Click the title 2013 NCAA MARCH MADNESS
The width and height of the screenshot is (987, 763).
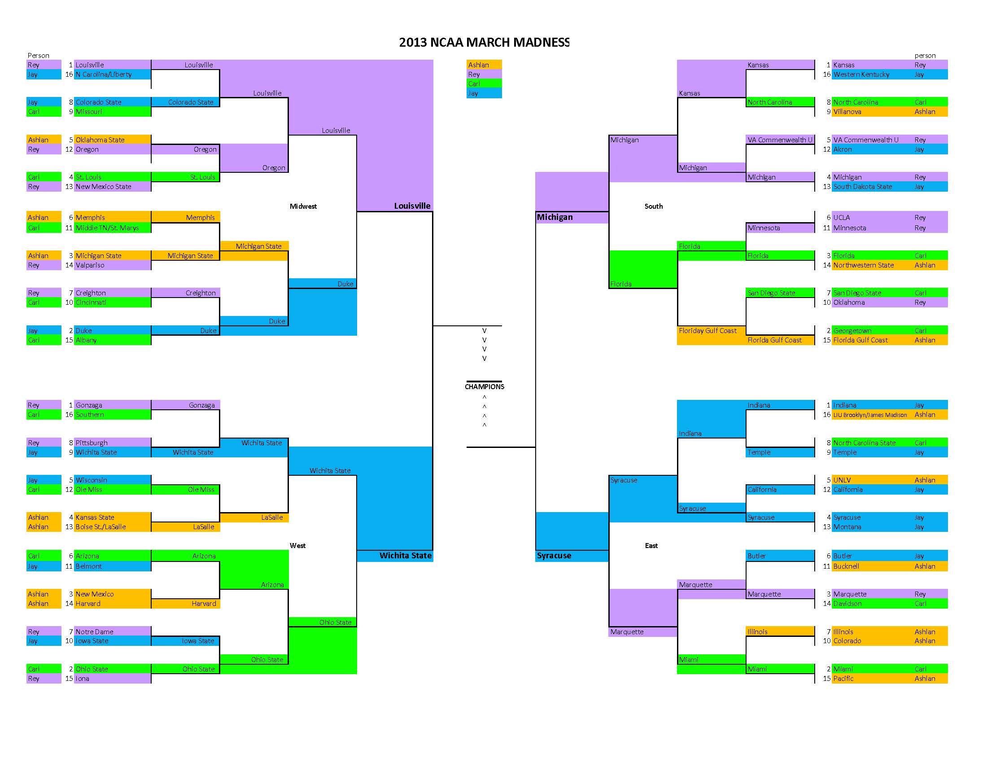pyautogui.click(x=484, y=43)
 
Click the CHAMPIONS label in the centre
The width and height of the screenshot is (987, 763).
pyautogui.click(x=485, y=386)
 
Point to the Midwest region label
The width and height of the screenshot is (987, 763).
pyautogui.click(x=303, y=206)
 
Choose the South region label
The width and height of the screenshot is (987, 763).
pyautogui.click(x=653, y=206)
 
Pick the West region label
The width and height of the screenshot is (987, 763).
pyautogui.click(x=297, y=546)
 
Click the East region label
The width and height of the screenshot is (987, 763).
pyautogui.click(x=651, y=546)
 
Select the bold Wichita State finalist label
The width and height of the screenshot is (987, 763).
pyautogui.click(x=406, y=556)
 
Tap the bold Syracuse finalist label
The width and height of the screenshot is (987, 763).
pyautogui.click(x=554, y=556)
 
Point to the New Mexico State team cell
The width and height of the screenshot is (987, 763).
pyautogui.click(x=103, y=187)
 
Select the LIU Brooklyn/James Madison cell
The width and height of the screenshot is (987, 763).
pyautogui.click(x=870, y=415)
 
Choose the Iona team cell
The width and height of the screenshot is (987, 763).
pyautogui.click(x=82, y=679)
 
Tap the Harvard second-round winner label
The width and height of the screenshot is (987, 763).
pyautogui.click(x=203, y=603)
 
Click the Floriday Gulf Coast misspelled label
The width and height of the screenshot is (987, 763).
pyautogui.click(x=707, y=330)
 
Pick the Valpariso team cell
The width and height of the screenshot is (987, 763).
pyautogui.click(x=90, y=265)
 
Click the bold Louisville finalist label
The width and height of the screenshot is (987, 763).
pyautogui.click(x=412, y=206)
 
